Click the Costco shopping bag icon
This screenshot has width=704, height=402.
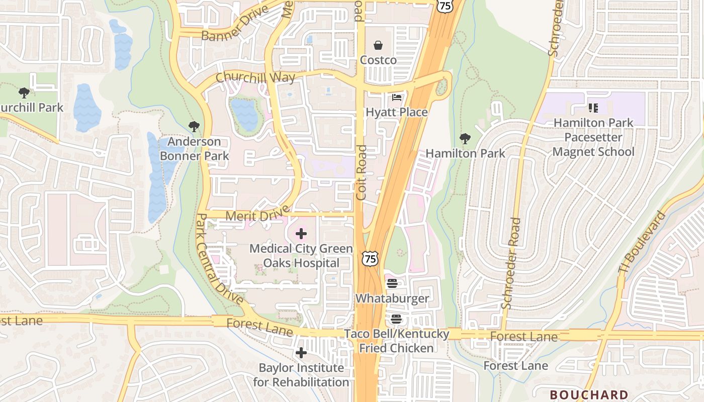pos(378,46)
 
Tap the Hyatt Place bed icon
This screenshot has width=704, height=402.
pos(397,97)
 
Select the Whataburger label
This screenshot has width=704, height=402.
pos(392,298)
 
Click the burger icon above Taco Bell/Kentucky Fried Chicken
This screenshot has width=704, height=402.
pos(396,319)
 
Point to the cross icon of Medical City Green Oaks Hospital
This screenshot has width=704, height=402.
pos(301,234)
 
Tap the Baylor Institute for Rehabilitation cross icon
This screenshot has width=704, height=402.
pos(301,353)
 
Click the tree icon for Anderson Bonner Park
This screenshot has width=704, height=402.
pos(194,127)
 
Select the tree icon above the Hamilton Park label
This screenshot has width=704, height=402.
pos(465,139)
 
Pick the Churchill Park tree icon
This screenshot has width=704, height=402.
pos(24,93)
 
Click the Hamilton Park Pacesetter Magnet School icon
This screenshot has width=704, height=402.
pos(593,108)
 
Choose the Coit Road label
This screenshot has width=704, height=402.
pos(361,173)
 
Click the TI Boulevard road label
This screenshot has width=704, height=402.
pos(642,243)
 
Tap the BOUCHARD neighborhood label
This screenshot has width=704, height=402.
pos(589,395)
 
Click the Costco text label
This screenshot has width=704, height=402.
pos(378,60)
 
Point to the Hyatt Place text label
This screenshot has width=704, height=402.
pos(397,112)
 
